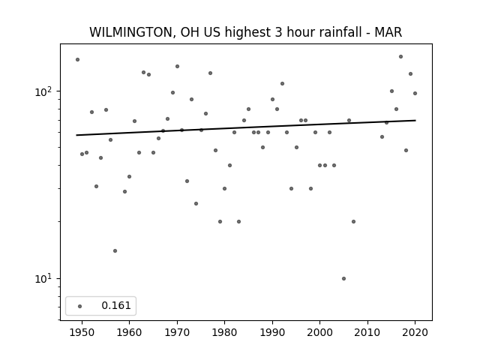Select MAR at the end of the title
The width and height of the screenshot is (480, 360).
tap(388, 32)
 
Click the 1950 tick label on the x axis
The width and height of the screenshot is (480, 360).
tap(82, 332)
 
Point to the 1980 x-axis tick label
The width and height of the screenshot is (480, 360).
tap(225, 332)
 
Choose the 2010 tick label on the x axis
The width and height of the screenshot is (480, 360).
tap(367, 332)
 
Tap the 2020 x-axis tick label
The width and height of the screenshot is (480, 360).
tap(415, 332)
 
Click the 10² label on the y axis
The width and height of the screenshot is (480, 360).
tap(43, 91)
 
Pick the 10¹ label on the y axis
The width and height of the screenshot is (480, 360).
tap(43, 279)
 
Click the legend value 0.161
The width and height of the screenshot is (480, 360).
tap(116, 305)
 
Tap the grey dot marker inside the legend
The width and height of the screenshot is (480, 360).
tap(80, 306)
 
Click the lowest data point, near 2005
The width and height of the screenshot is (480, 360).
tap(343, 278)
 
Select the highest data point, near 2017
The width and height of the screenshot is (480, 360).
tap(400, 57)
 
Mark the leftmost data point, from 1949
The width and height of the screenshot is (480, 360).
tap(77, 60)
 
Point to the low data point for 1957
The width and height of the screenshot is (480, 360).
tap(115, 251)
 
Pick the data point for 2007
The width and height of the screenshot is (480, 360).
tap(353, 222)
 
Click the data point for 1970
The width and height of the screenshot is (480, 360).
tap(177, 67)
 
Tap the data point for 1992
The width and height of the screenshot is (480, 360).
tap(282, 83)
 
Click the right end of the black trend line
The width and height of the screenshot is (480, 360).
tap(415, 120)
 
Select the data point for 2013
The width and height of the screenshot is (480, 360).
tap(382, 136)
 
